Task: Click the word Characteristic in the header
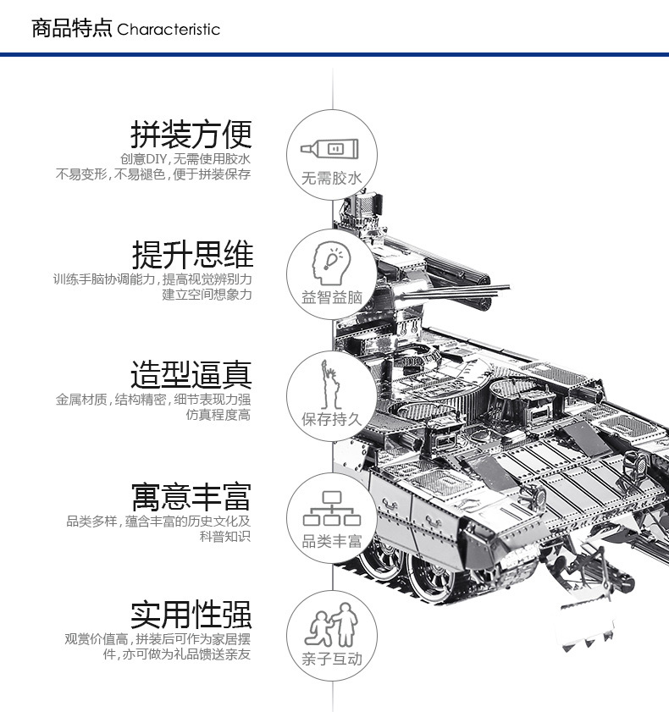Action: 169,30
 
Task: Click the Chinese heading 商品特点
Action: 71,28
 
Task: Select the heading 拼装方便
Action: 191,135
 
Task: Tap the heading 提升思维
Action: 192,255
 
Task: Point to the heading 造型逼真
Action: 191,374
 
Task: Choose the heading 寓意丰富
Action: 191,497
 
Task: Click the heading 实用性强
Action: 191,615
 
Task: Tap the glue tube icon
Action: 329,148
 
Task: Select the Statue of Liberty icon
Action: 330,384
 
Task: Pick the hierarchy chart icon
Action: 332,508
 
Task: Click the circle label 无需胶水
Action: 332,178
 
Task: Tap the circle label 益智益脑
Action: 332,297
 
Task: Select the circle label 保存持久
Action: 332,419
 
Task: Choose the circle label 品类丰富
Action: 332,541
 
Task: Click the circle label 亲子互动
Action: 332,659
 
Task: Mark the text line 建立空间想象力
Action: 207,295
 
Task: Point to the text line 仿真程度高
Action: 218,415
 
